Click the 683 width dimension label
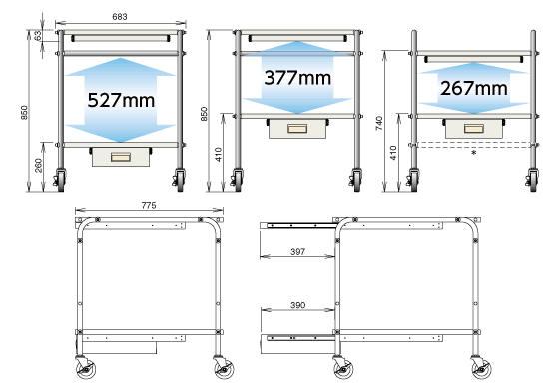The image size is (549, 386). point(120,16)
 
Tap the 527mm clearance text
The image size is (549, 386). point(121,100)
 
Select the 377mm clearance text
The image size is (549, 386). point(297,78)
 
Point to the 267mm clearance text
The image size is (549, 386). point(474,88)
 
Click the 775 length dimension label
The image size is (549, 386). point(149,205)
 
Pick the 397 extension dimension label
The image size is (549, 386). point(298,251)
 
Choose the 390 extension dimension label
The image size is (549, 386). point(298,305)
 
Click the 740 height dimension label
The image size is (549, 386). point(379,123)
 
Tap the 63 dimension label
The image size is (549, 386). point(38,35)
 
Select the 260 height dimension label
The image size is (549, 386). point(38,166)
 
